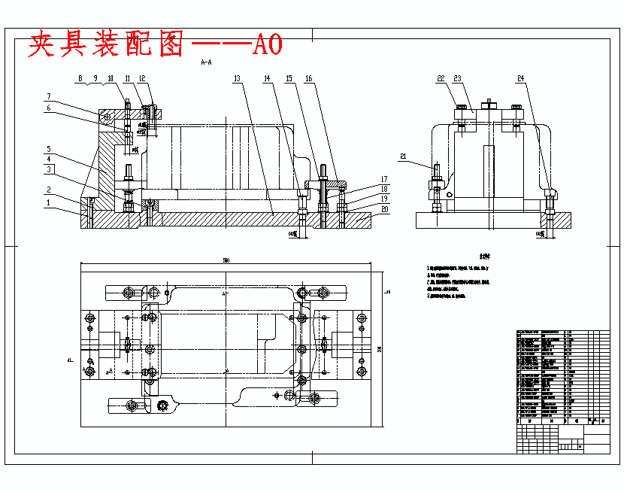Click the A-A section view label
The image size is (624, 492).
pos(207,64)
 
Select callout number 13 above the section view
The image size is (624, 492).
pos(236,78)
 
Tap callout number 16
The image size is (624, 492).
pos(309,78)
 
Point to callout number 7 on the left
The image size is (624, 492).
pos(47,96)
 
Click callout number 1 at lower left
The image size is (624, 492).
pos(47,202)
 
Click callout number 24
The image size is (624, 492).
pos(521,78)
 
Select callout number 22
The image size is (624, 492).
pos(441,78)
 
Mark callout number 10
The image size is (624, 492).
pos(111,78)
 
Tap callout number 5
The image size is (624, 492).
pos(47,149)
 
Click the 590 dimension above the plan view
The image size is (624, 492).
pos(226,260)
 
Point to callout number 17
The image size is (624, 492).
pos(385,178)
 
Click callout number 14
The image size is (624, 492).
pos(268,78)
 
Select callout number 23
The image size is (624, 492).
pos(459,78)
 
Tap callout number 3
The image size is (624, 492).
pos(47,170)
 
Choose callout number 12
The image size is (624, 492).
pos(142,78)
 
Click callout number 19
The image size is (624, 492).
pos(385,199)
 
